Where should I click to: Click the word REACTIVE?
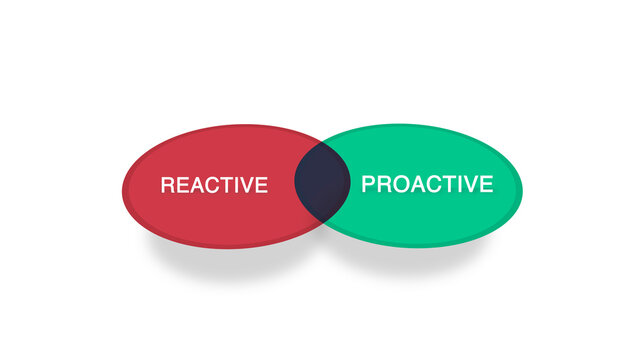click(214, 185)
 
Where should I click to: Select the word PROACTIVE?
click(427, 184)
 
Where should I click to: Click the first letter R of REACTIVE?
click(167, 185)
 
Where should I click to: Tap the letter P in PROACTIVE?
click(368, 184)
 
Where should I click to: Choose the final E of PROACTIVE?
click(486, 184)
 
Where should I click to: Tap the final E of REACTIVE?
click(261, 185)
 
